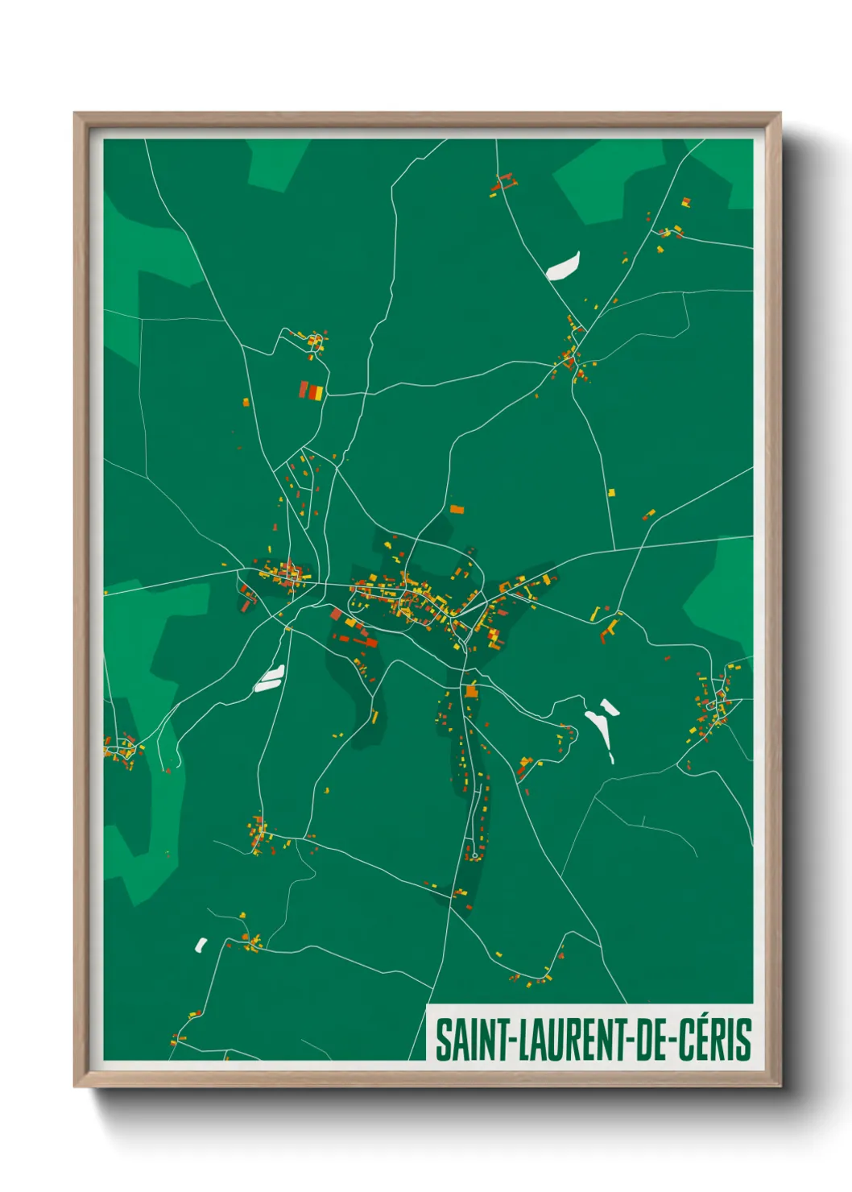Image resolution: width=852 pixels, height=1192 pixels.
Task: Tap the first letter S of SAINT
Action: point(442,1040)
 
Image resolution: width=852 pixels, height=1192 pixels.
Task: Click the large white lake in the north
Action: point(563,266)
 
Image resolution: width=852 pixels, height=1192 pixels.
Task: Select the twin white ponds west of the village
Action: point(269,678)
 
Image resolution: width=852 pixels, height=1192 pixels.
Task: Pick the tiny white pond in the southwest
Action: point(201,944)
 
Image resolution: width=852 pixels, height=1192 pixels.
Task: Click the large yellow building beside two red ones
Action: point(317,392)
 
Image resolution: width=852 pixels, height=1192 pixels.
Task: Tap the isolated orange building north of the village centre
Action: point(457,509)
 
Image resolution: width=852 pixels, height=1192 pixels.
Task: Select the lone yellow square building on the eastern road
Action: point(611,492)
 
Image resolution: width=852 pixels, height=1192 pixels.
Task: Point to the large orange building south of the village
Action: point(471,690)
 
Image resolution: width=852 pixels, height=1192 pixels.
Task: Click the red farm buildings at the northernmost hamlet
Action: point(503,183)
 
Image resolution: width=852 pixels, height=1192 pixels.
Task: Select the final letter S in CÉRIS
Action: point(743,1040)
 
